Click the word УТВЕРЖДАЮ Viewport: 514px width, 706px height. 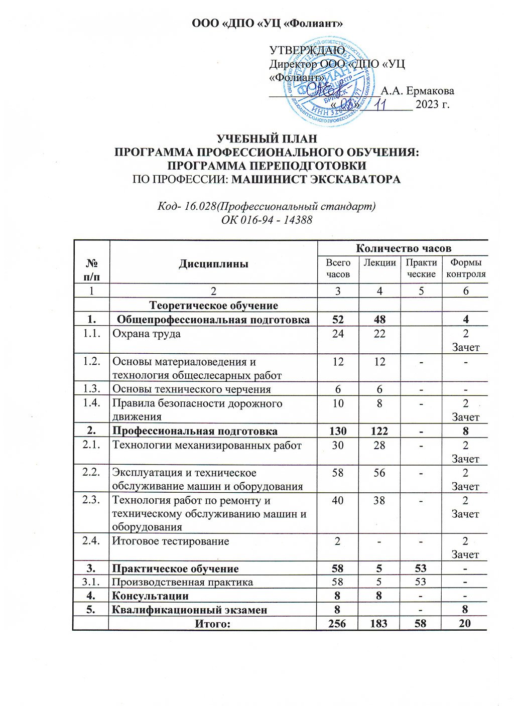[307, 51]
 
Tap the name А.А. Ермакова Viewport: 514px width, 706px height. [418, 91]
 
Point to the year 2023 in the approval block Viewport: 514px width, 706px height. [426, 104]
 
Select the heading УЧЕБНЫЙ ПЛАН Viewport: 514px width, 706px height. [267, 139]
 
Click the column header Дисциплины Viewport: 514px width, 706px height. [213, 263]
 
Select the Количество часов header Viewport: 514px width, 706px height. [404, 248]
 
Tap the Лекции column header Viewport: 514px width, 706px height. [379, 262]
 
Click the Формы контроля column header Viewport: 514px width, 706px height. [466, 268]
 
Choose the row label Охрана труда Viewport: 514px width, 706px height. [146, 333]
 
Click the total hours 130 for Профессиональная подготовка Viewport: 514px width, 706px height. [338, 431]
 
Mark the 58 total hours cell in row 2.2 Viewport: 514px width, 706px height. [338, 473]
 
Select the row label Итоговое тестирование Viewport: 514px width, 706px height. [170, 541]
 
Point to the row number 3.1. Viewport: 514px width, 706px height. [91, 582]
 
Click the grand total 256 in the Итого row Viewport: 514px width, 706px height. [338, 623]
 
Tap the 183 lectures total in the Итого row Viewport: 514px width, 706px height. [379, 623]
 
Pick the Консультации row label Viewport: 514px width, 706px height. [150, 596]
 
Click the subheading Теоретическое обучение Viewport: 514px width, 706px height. [213, 305]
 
